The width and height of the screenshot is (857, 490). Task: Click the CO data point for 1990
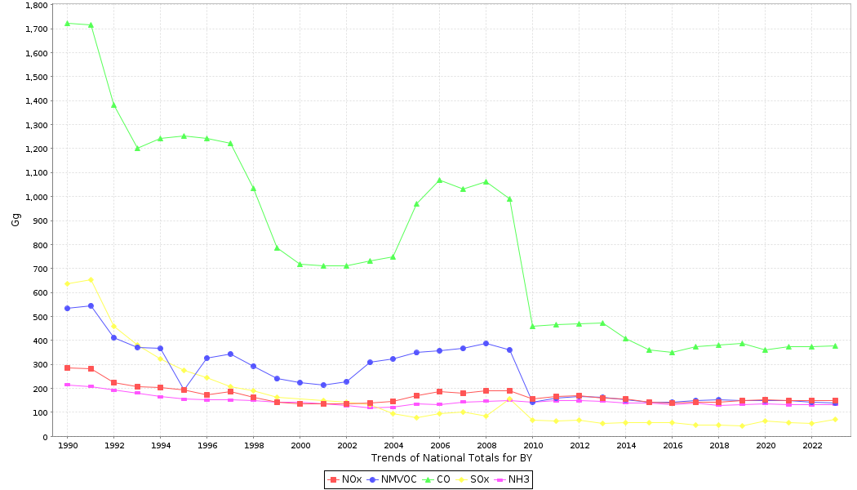[67, 23]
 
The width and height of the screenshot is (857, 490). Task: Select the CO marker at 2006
[439, 180]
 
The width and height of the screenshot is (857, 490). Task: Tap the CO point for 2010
[532, 326]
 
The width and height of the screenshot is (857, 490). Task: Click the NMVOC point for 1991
[91, 305]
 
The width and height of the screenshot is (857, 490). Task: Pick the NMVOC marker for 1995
[184, 390]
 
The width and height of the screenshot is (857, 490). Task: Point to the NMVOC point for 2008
[486, 343]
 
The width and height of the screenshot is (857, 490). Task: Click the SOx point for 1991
[91, 279]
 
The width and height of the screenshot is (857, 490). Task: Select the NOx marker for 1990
[67, 367]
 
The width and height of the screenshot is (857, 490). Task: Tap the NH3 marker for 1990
[67, 385]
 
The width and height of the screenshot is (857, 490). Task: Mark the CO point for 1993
[137, 148]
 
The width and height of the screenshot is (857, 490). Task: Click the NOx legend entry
[346, 479]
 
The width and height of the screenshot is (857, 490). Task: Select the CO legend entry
[437, 479]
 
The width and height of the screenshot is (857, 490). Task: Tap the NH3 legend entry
[513, 479]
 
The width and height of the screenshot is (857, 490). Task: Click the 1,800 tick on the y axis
[36, 5]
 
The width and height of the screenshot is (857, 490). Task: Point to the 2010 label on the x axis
[533, 446]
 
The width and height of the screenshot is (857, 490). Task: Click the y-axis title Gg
[16, 220]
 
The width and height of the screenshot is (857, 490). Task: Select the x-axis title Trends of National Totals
[451, 458]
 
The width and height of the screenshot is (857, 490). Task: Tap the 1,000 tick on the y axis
[36, 197]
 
